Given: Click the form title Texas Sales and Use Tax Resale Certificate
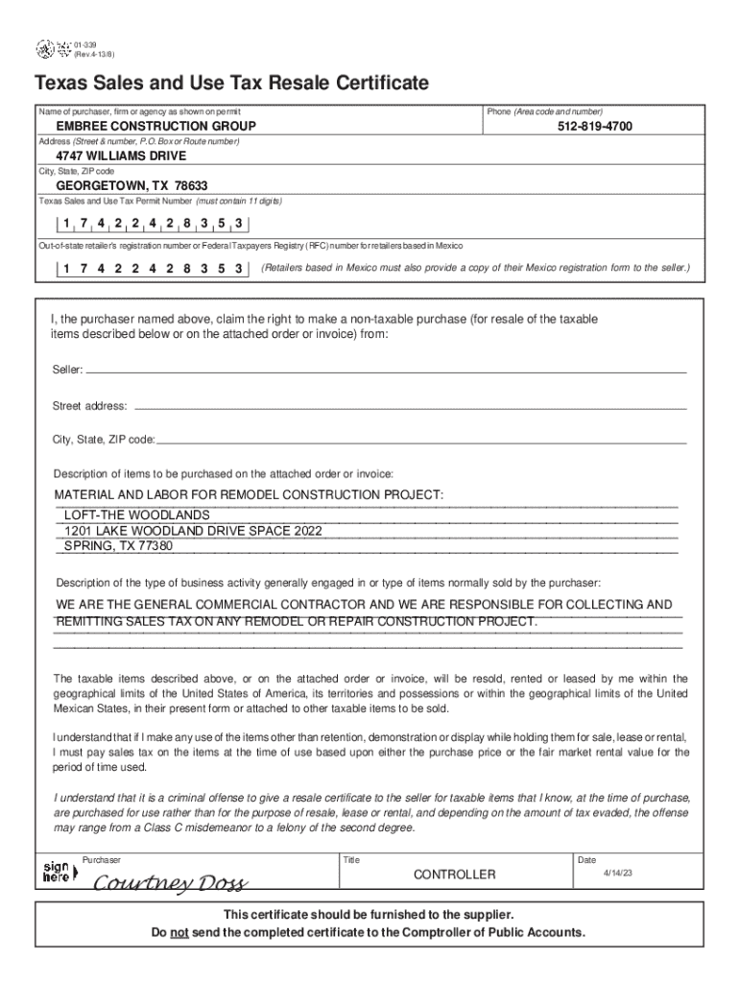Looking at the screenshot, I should [x=231, y=84].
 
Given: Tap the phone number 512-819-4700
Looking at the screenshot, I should [x=595, y=127].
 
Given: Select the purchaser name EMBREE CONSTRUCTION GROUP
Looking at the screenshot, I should [x=155, y=127].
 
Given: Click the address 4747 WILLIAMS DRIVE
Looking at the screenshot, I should [x=121, y=156].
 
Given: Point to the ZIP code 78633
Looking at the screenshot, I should [x=192, y=185].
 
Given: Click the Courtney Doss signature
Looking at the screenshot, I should [x=170, y=882].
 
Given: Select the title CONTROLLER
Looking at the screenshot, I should [x=454, y=875].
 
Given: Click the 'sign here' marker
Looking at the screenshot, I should [x=56, y=873].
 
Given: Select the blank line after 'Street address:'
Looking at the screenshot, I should [x=408, y=407].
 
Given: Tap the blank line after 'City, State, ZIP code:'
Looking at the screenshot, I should [x=422, y=441].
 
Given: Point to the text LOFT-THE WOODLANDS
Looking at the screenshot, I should [x=136, y=515].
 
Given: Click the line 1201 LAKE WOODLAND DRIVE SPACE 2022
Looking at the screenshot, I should [x=193, y=531].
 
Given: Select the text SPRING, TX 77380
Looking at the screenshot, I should [x=118, y=546].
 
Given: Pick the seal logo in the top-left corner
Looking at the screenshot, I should [x=44, y=47].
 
